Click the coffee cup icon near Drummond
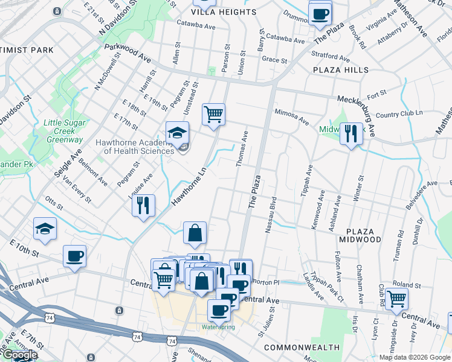320,13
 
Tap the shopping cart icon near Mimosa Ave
213,113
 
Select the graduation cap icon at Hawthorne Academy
178,133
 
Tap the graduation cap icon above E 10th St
45,228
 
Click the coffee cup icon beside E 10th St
74,256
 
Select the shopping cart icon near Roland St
396,297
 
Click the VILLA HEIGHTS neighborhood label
215,12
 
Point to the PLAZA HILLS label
340,71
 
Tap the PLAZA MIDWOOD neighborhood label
363,235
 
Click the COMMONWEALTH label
302,348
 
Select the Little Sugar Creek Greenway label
63,131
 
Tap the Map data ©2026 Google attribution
415,357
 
